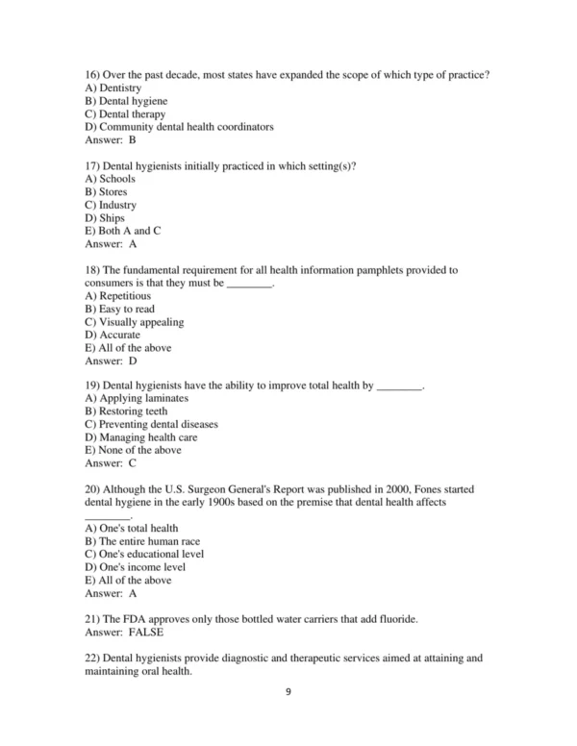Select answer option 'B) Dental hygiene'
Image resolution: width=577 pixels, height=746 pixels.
(126, 101)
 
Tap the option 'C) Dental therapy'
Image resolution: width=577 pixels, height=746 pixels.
(125, 114)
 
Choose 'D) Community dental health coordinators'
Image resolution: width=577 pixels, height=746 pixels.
(179, 127)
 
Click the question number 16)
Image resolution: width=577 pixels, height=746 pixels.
(93, 75)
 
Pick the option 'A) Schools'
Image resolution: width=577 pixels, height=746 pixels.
(110, 179)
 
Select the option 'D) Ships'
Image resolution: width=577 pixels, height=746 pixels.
(105, 218)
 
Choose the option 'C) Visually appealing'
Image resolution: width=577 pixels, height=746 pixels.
(134, 322)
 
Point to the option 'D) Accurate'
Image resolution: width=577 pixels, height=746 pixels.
(113, 336)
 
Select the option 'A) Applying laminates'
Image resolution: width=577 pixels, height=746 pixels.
(137, 398)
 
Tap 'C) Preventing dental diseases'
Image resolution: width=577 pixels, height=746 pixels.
(151, 424)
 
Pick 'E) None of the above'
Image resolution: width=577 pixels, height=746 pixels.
(133, 450)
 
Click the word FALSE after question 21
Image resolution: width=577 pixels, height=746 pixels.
(145, 633)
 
